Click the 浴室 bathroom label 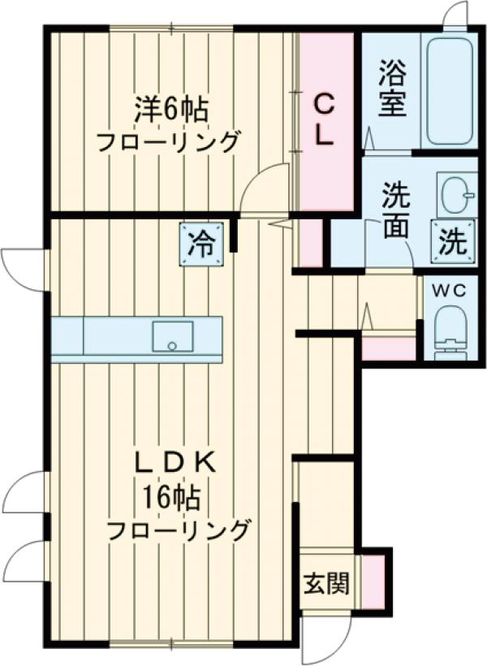[392, 91]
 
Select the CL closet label [324, 120]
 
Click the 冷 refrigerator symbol [201, 243]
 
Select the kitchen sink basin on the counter [173, 336]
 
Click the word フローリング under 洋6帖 [168, 142]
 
